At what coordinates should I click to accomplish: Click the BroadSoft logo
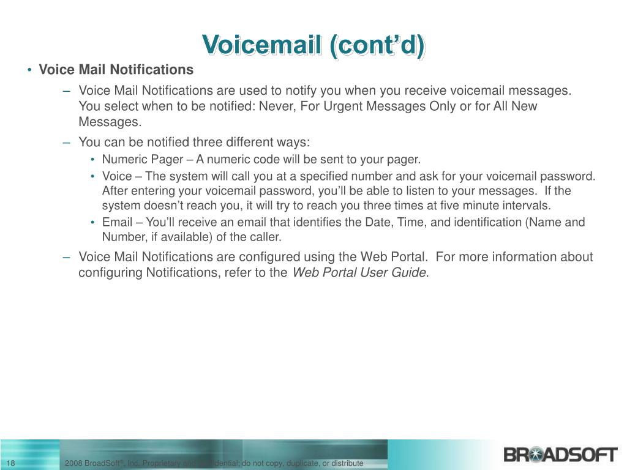click(560, 455)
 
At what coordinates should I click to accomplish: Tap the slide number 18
click(11, 463)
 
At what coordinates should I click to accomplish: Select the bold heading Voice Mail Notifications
click(116, 70)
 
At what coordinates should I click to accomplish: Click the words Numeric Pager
click(143, 160)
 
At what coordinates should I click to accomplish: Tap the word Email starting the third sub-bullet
click(117, 222)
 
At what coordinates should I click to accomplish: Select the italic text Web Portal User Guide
click(359, 272)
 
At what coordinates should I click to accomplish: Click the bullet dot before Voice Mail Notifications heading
click(29, 70)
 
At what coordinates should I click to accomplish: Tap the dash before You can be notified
click(67, 143)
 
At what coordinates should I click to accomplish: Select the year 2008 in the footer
click(73, 463)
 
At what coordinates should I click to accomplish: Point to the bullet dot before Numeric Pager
click(93, 160)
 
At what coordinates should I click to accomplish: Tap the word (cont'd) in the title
click(377, 45)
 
